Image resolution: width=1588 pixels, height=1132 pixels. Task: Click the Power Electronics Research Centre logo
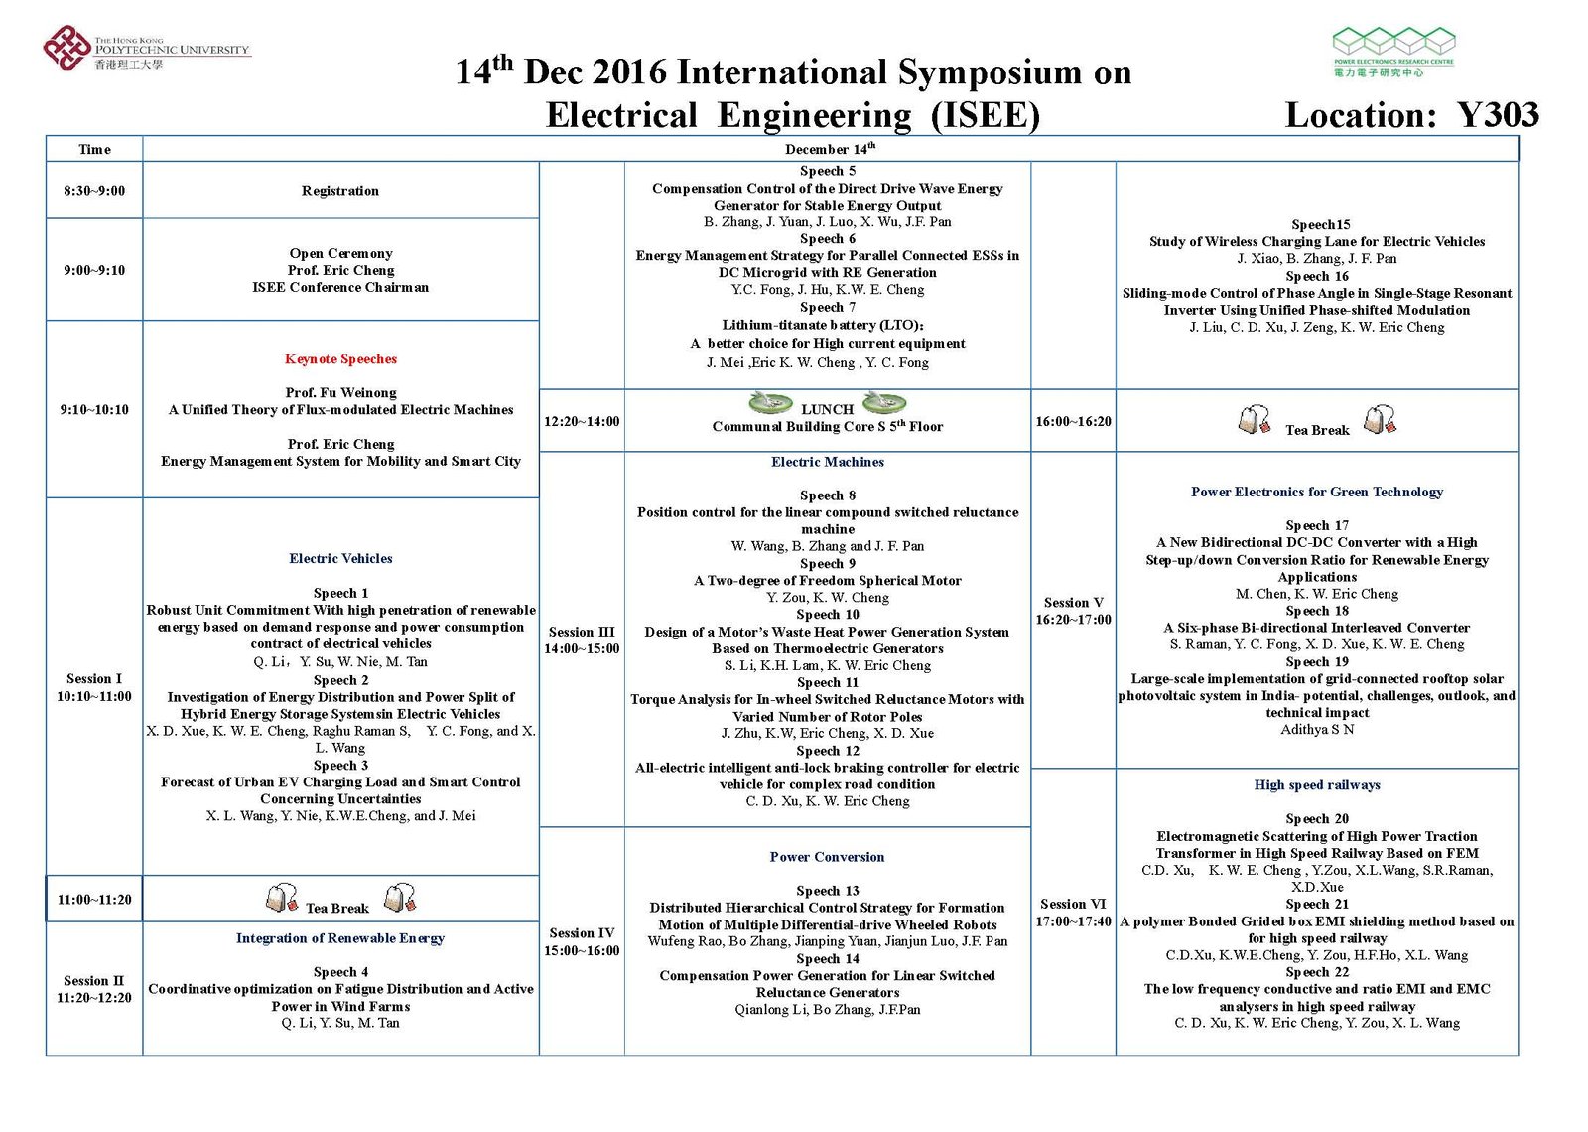tap(1392, 52)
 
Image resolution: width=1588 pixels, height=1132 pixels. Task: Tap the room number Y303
tap(1498, 115)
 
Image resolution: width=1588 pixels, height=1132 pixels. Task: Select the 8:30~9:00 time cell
tap(94, 191)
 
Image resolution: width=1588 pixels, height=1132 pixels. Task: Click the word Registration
tap(340, 191)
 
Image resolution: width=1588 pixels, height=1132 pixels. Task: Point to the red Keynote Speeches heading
tap(340, 359)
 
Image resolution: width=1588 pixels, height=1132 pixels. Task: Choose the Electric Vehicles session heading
tap(340, 559)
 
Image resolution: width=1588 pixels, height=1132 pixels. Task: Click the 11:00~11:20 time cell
tap(94, 900)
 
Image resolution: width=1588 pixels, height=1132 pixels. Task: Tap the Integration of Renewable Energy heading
tap(340, 938)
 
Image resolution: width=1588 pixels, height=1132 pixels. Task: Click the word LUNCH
tap(827, 409)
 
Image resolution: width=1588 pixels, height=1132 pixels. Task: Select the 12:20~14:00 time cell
tap(582, 421)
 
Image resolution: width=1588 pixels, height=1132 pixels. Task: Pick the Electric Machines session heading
tap(827, 462)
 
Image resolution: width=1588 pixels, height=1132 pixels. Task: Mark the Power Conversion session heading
tap(827, 857)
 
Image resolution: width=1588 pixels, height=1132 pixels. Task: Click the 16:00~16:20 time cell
tap(1073, 421)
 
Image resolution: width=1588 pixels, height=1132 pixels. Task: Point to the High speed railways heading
tap(1317, 785)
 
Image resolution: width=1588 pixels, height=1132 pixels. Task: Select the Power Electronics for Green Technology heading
tap(1317, 492)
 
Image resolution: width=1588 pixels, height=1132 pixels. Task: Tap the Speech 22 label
tap(1317, 972)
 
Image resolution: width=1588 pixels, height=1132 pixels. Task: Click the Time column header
tap(94, 150)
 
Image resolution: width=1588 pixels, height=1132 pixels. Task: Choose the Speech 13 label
tap(827, 891)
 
